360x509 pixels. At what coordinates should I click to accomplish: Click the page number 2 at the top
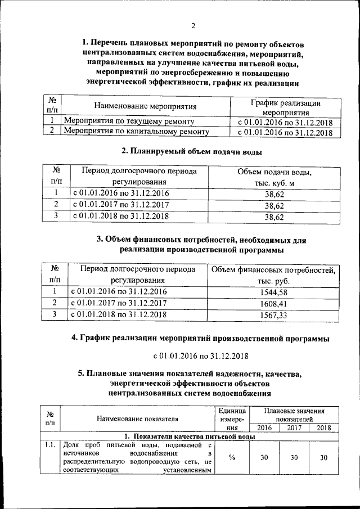pyautogui.click(x=192, y=26)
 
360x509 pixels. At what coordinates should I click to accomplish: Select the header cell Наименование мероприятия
pyautogui.click(x=145, y=106)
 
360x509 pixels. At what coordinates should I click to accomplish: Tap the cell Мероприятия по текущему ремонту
pyautogui.click(x=130, y=121)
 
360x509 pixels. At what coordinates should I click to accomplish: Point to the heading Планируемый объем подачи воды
pyautogui.click(x=192, y=151)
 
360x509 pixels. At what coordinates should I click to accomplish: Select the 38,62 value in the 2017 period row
pyautogui.click(x=274, y=205)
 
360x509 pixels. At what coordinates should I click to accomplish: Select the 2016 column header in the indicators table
pyautogui.click(x=264, y=428)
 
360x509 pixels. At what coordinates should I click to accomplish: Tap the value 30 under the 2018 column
pyautogui.click(x=323, y=457)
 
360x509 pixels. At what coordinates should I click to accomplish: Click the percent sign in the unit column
pyautogui.click(x=231, y=457)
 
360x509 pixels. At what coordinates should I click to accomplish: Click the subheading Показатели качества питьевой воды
pyautogui.click(x=189, y=436)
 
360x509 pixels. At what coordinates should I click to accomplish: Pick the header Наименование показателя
pyautogui.click(x=137, y=418)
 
